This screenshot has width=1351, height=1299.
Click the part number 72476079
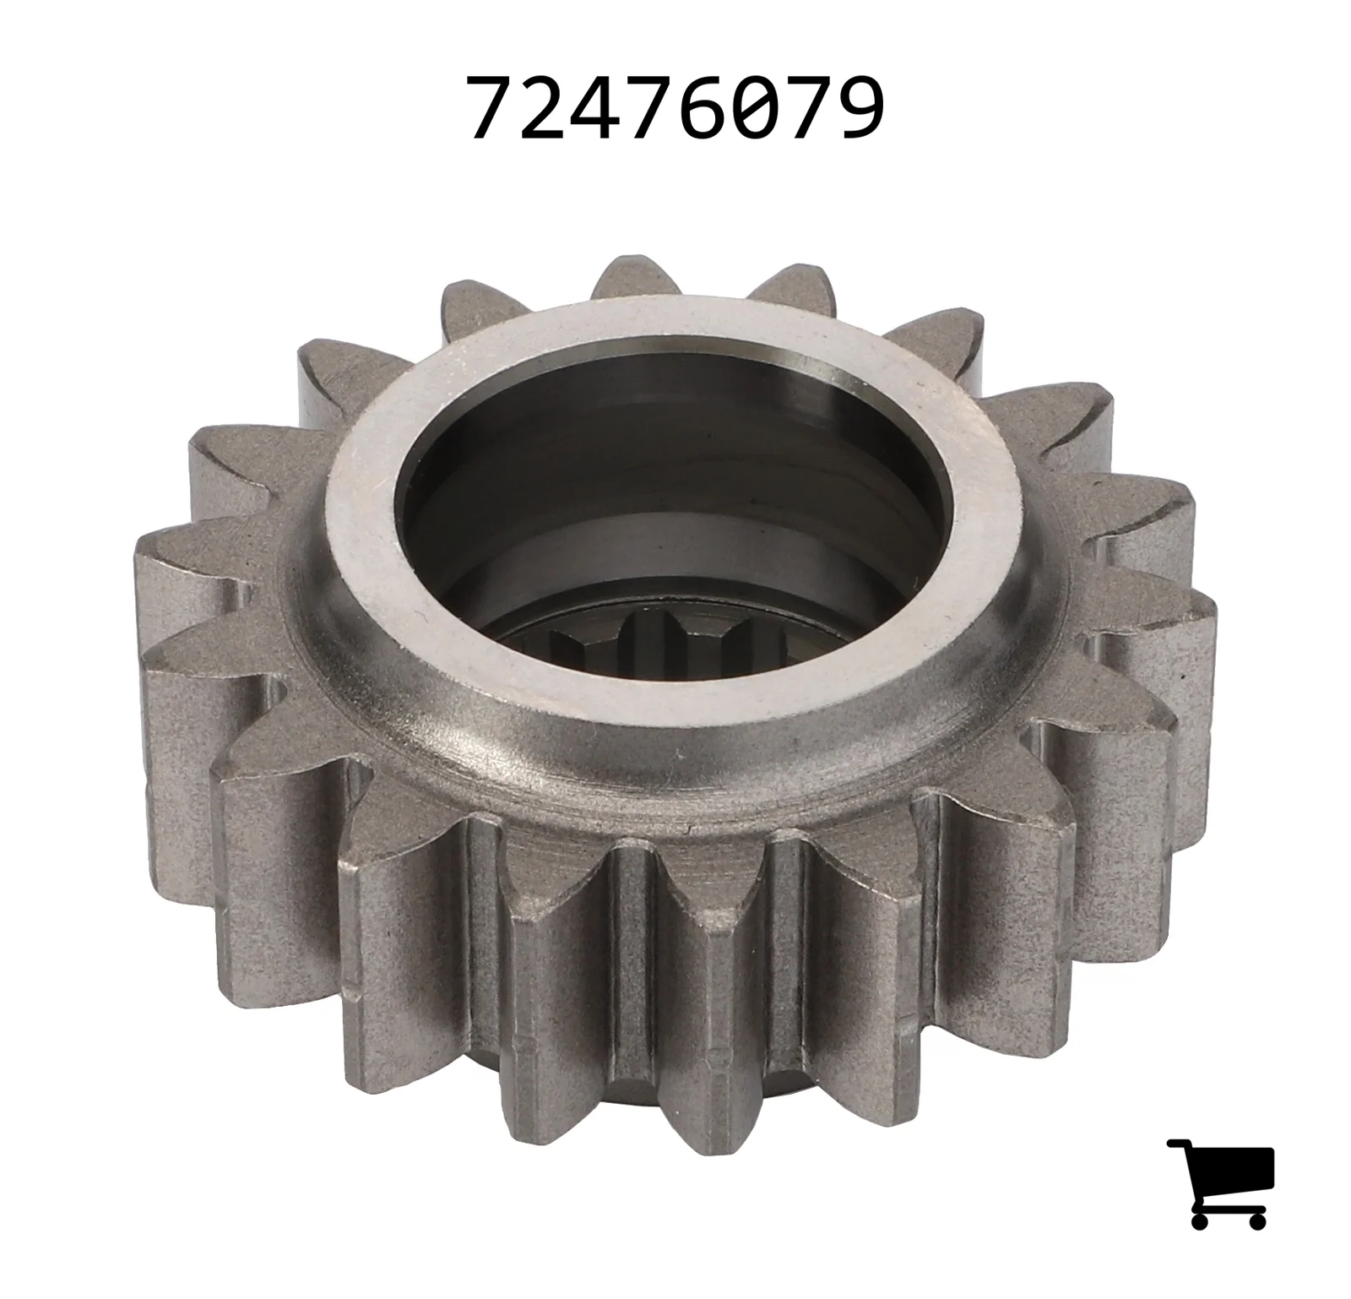point(676,107)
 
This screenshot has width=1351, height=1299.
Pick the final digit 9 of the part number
point(858,107)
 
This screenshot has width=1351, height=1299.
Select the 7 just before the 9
point(806,107)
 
